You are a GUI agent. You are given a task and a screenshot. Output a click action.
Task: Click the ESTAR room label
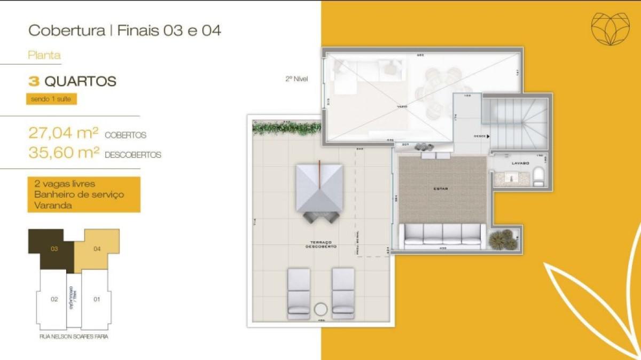click(x=441, y=189)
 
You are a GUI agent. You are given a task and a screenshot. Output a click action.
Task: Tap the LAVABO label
click(x=520, y=162)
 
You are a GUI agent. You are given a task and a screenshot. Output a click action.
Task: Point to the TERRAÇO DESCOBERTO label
click(x=320, y=245)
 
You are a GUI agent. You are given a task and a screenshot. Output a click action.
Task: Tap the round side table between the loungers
click(x=321, y=310)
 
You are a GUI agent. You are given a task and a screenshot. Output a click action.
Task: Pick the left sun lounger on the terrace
click(x=299, y=293)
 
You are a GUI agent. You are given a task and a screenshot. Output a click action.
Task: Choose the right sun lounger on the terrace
click(x=343, y=293)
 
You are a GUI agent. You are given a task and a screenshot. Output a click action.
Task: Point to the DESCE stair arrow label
click(x=481, y=136)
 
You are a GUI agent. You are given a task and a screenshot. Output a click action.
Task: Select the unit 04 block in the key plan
click(x=97, y=248)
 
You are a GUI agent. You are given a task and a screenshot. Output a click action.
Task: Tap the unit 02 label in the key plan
click(x=54, y=299)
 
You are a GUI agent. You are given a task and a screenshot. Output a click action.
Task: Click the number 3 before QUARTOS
click(x=34, y=82)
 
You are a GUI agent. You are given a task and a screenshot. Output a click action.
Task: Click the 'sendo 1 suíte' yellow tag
click(x=52, y=99)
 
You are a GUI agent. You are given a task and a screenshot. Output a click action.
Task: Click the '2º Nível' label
click(x=296, y=79)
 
